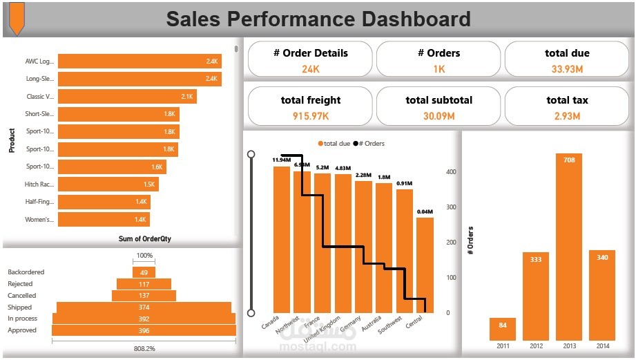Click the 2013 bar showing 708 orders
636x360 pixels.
[569, 247]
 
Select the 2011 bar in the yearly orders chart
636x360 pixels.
[502, 330]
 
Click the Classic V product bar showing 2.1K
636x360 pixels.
[127, 97]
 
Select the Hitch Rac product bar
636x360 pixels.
[108, 184]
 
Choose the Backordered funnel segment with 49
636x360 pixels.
[144, 272]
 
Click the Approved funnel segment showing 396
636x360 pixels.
[144, 330]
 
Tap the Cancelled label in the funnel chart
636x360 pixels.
[22, 296]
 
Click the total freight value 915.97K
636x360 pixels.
[310, 116]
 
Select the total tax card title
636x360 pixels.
[567, 100]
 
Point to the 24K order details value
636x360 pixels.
[310, 69]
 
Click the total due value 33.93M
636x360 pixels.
[567, 69]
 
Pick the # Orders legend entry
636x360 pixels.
[369, 144]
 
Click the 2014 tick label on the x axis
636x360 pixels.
[602, 345]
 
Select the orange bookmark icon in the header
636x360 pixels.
[16, 18]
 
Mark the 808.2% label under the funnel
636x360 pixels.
[144, 348]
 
